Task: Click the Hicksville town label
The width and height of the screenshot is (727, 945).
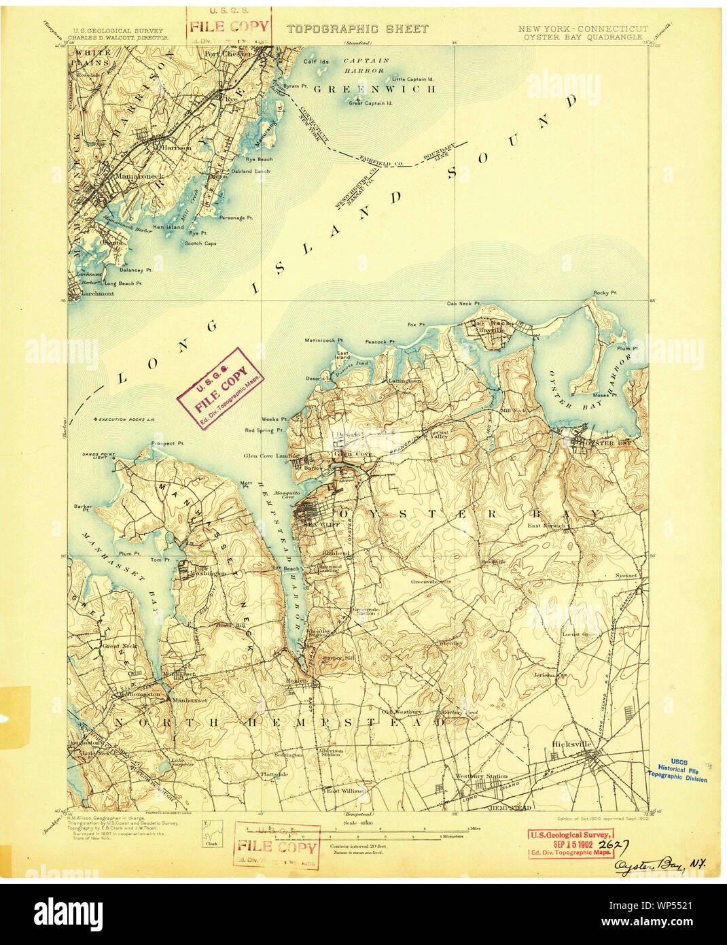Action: (x=572, y=744)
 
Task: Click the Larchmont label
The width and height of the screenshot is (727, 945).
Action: (x=97, y=294)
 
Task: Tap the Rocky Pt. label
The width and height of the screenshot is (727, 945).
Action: (x=605, y=293)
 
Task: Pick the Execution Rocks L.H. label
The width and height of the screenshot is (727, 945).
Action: (x=126, y=419)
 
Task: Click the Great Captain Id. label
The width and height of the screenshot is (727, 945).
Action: (x=370, y=103)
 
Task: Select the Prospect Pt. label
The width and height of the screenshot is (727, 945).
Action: (x=167, y=443)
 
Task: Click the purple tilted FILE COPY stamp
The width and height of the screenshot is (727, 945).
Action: (x=221, y=389)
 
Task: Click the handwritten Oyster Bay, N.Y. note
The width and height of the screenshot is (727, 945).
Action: (x=660, y=865)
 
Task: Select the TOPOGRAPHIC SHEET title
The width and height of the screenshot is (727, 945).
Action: (x=357, y=29)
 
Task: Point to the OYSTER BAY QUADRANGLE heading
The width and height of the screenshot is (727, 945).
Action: (x=582, y=37)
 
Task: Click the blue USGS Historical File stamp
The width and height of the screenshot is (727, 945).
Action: (x=678, y=771)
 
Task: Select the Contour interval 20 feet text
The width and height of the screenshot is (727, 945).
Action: (x=358, y=846)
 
